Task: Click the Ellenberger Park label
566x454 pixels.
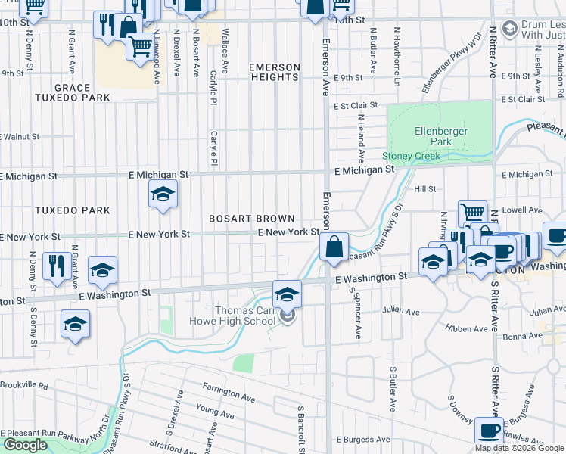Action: tap(440, 136)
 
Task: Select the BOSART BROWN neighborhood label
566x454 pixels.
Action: tap(252, 219)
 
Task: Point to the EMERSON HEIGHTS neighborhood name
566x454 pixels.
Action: tap(275, 73)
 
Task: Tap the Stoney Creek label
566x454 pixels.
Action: tap(411, 157)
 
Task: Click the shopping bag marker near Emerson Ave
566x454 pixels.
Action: tap(334, 247)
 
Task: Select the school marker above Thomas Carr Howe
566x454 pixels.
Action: tap(287, 294)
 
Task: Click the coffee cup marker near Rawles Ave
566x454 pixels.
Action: tap(489, 431)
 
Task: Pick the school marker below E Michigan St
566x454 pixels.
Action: tap(162, 194)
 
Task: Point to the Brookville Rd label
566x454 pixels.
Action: tap(24, 386)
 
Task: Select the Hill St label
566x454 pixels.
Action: tap(424, 189)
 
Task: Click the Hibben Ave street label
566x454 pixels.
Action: tap(468, 329)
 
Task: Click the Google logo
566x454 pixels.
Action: tap(25, 446)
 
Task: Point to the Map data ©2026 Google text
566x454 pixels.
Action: tap(520, 448)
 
